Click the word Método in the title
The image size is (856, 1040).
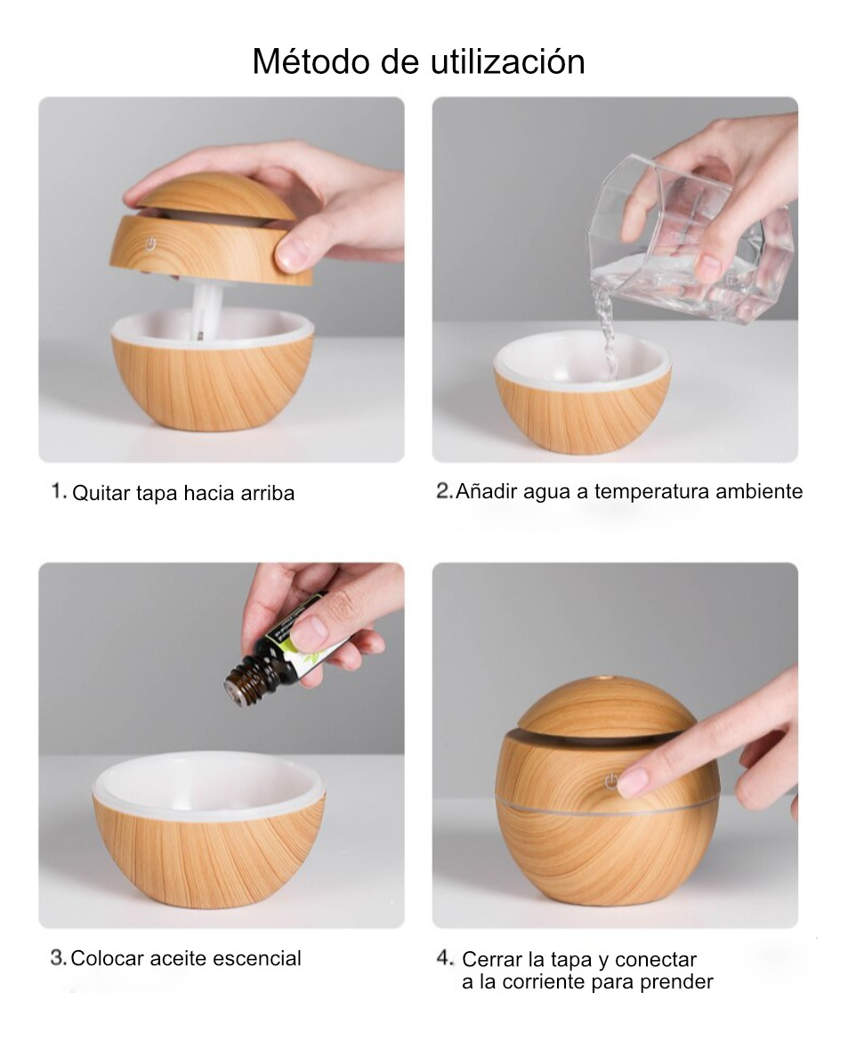311,61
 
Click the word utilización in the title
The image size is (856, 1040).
507,61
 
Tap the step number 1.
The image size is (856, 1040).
59,491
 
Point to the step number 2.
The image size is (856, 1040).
444,491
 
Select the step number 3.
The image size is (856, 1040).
58,958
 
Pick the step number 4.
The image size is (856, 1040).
445,958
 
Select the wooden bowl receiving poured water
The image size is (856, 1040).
582,392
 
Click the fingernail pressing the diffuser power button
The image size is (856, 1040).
632,781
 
